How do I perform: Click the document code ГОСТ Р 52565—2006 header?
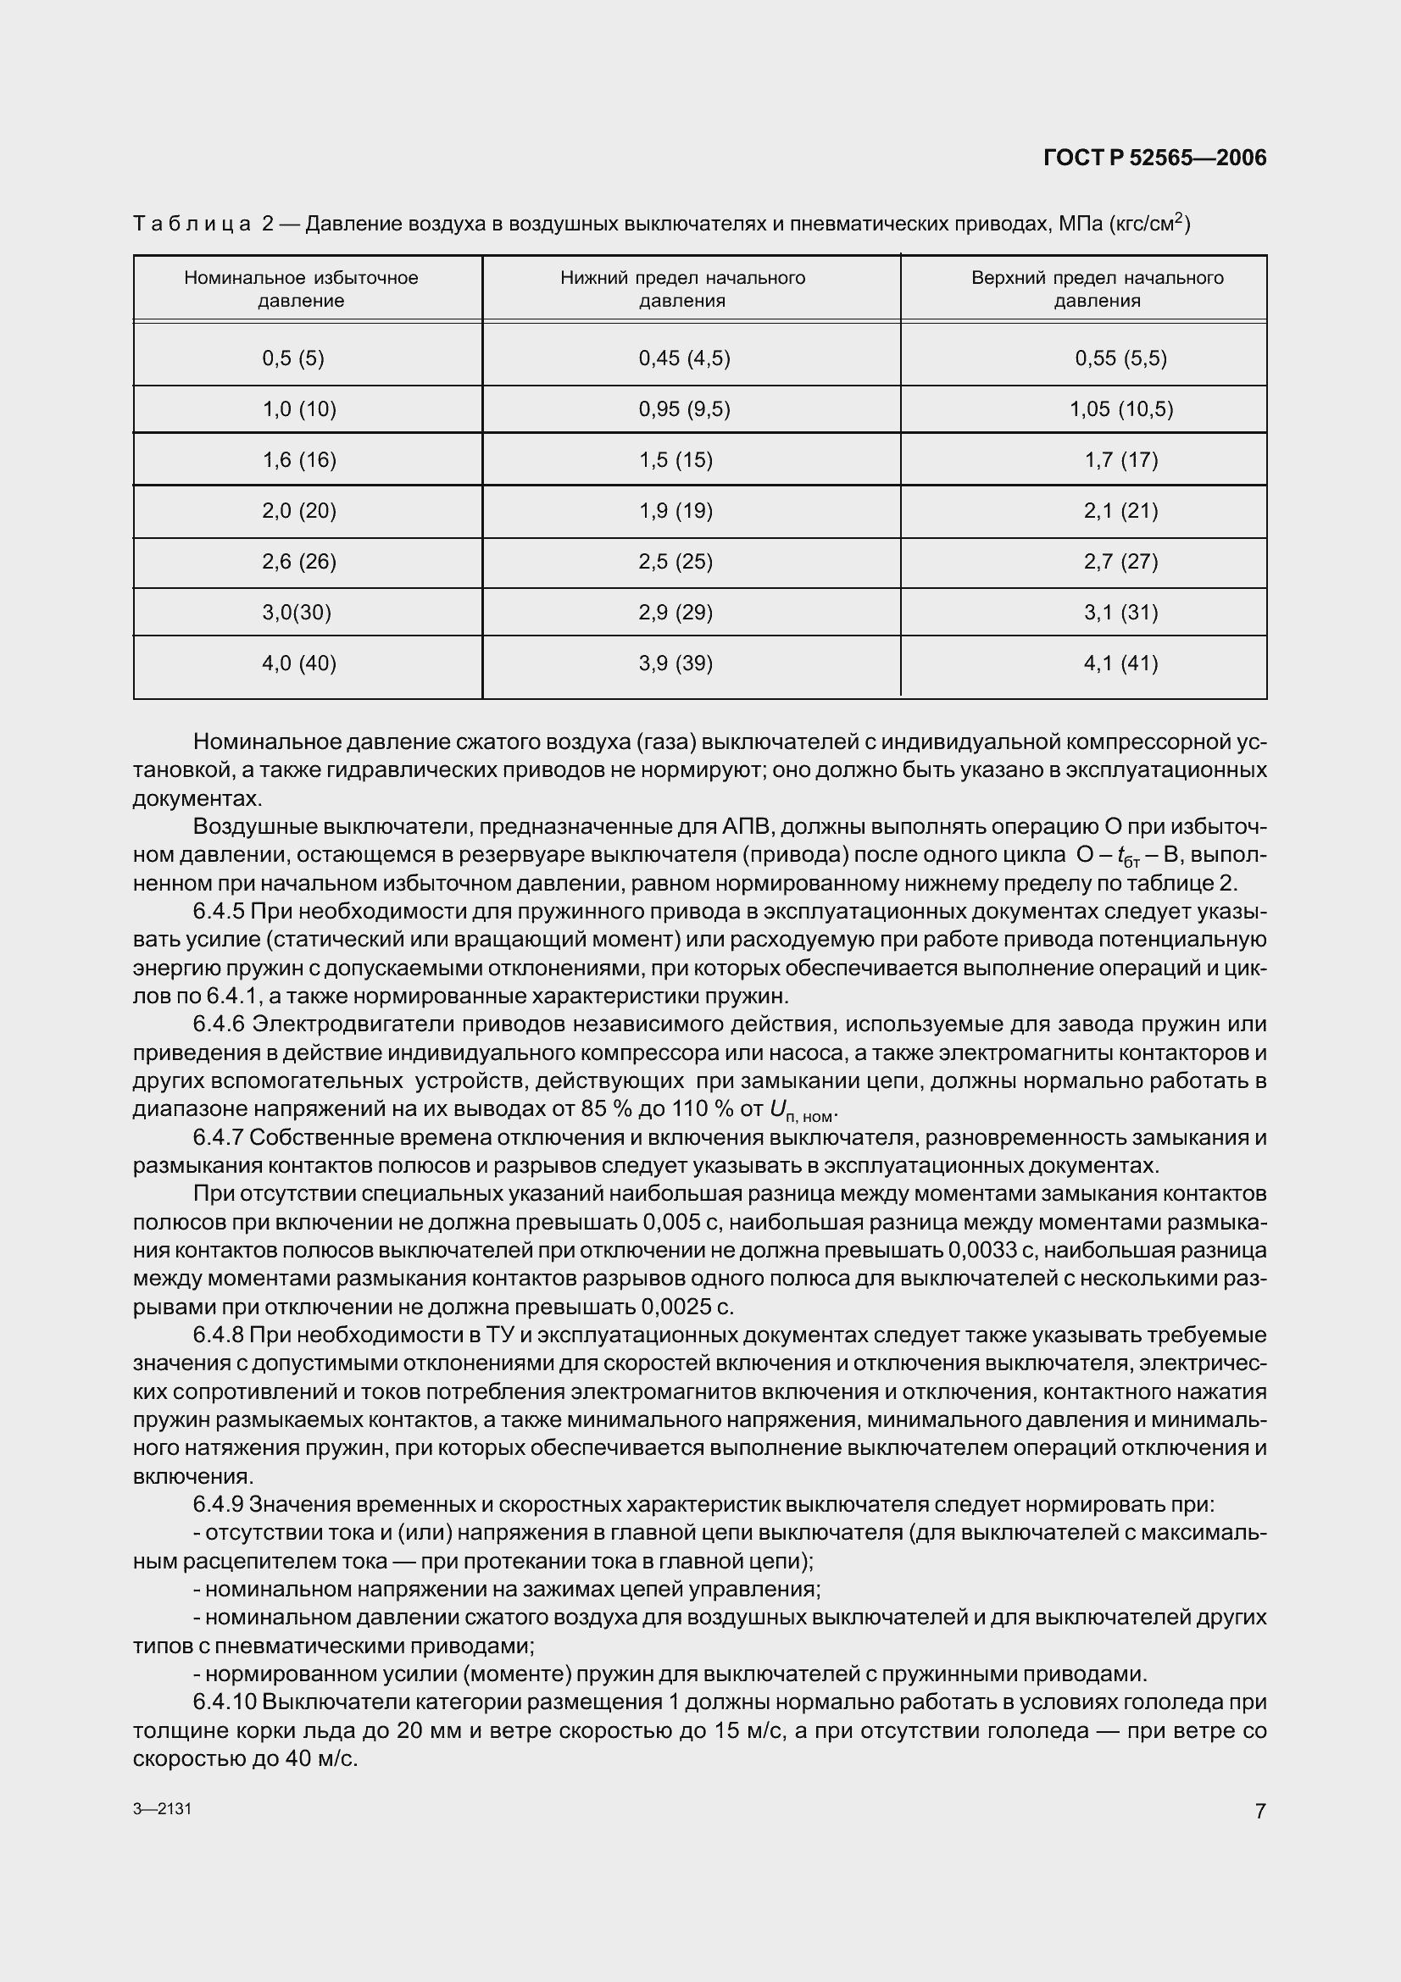[x=1154, y=158]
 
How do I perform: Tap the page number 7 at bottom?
[x=1259, y=1811]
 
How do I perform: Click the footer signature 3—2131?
[x=162, y=1808]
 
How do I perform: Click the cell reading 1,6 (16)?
[x=298, y=460]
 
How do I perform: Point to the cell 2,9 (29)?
[x=675, y=613]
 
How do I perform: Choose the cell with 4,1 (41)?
[x=1120, y=663]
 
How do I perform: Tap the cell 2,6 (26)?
[x=298, y=562]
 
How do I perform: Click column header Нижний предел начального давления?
[x=682, y=289]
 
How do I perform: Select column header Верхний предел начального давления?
[x=1096, y=289]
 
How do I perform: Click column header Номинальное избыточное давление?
[x=300, y=289]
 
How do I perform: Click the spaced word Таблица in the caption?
[x=191, y=225]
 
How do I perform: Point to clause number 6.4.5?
[x=220, y=913]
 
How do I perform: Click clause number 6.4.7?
[x=220, y=1139]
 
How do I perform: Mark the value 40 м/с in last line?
[x=311, y=1759]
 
